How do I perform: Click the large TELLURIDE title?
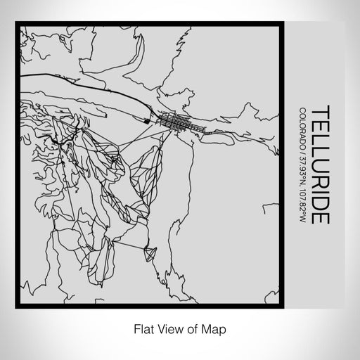[319, 165]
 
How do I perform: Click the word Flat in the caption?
[142, 328]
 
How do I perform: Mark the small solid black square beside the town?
[146, 122]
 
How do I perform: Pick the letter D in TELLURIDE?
[319, 202]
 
